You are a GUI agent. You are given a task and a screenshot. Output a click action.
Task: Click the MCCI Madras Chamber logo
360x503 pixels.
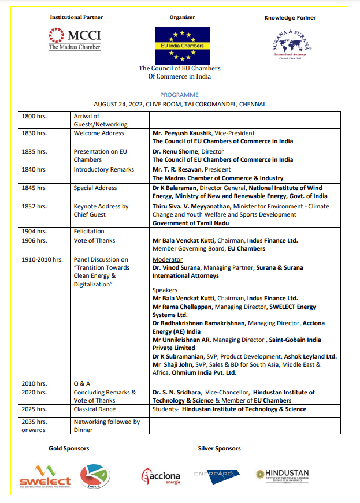coord(75,39)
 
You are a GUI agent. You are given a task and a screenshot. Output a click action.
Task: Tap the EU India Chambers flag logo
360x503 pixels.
coord(179,45)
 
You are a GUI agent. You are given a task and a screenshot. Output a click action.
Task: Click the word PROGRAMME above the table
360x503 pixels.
coord(179,95)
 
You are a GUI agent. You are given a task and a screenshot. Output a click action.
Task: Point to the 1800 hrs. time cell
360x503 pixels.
coord(34,116)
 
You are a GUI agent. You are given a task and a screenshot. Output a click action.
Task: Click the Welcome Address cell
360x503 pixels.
coord(99,133)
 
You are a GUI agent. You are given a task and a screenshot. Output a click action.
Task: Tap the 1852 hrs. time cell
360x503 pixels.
coord(34,206)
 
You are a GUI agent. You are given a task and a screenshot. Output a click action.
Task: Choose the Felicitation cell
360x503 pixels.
coord(89,231)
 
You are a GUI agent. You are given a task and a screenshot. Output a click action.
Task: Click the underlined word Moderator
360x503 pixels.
coord(167,260)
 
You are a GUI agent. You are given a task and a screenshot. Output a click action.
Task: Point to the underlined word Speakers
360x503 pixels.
coord(165,290)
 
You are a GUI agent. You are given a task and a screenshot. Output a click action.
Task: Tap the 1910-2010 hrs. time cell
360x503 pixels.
coord(42,260)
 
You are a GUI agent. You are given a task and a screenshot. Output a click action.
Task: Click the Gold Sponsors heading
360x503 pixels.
coord(69,448)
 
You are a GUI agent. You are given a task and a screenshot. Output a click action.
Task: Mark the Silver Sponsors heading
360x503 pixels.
coord(219,448)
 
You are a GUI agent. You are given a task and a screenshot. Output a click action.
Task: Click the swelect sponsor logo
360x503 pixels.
coord(45,476)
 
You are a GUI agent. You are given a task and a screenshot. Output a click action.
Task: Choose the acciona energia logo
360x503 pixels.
coord(161,476)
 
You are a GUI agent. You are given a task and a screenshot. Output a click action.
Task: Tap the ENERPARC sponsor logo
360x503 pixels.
coord(217,474)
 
